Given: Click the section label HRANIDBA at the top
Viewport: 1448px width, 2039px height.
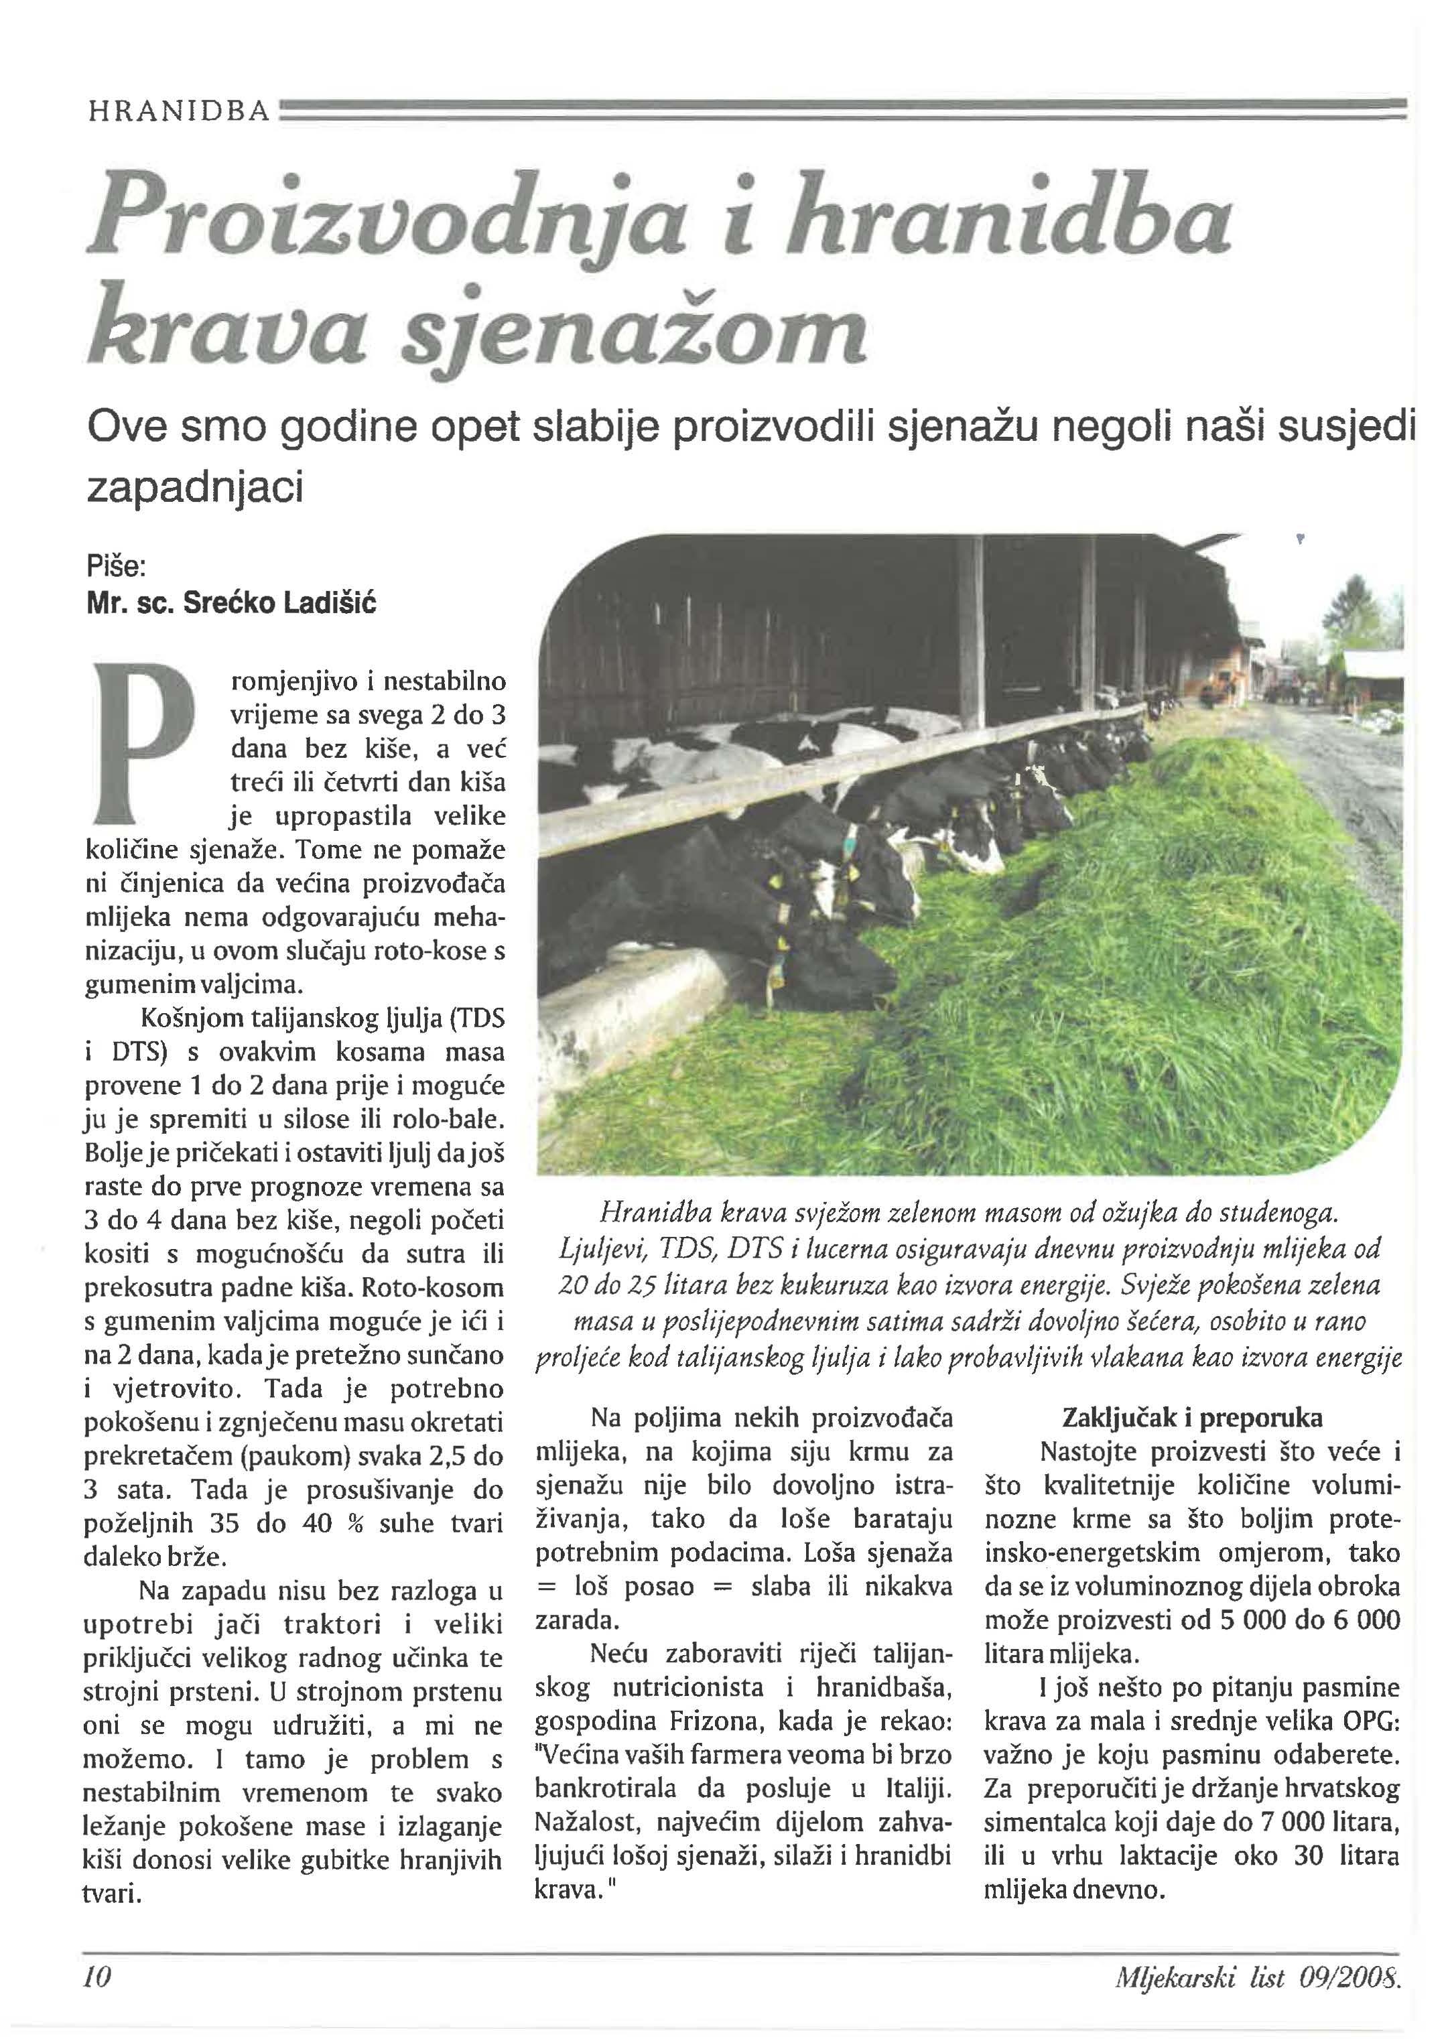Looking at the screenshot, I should (x=178, y=111).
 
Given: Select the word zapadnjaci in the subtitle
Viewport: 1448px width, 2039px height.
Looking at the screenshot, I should (x=194, y=486).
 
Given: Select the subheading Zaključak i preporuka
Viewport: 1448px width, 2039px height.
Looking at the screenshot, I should (x=1192, y=1418).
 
